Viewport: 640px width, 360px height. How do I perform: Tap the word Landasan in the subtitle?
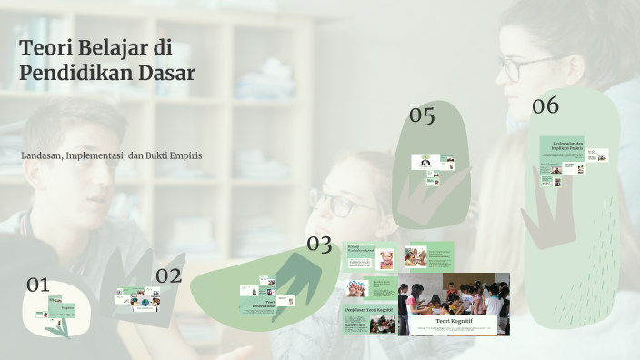(41, 155)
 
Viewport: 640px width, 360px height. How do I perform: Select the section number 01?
(37, 285)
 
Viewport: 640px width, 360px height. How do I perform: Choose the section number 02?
(168, 275)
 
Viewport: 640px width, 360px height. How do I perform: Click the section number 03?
(319, 244)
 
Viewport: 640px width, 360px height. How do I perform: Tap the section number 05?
(422, 115)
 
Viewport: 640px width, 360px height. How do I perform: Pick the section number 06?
(545, 105)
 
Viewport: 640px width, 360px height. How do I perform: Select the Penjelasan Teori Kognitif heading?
(367, 309)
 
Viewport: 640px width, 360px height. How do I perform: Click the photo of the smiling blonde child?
(386, 258)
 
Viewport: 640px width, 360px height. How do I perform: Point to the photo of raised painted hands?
(355, 289)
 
